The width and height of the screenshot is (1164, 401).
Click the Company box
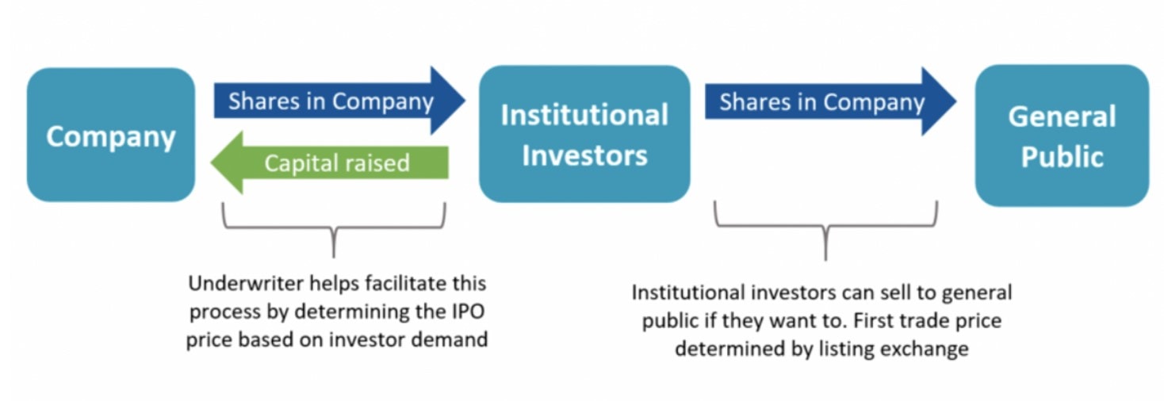(110, 135)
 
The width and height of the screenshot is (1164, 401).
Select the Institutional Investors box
(584, 135)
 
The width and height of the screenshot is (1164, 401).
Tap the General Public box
(1062, 136)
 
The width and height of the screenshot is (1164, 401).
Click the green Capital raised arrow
(333, 163)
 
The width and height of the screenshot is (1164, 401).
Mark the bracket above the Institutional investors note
(825, 230)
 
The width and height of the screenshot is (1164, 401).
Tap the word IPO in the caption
(467, 311)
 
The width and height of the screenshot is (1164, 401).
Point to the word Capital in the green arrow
(295, 163)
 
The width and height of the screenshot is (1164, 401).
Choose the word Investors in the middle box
(584, 155)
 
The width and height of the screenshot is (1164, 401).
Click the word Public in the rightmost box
(1062, 156)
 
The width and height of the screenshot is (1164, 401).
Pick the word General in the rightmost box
(1062, 117)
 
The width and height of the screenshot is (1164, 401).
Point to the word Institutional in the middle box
(584, 115)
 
